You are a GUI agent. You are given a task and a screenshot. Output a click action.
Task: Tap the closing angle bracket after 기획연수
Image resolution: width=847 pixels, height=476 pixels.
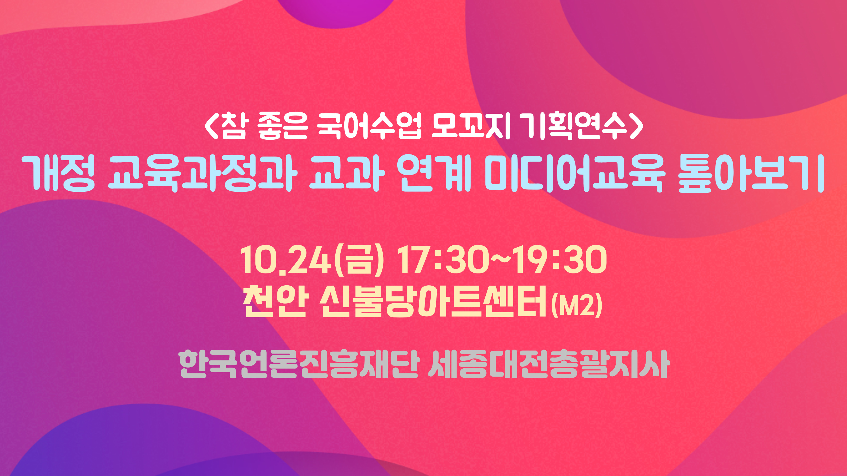[x=637, y=126]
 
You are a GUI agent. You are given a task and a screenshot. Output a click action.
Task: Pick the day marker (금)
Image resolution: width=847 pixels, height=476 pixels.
[x=359, y=259]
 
